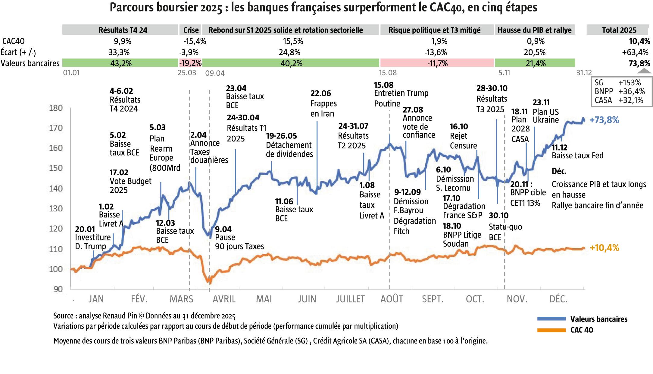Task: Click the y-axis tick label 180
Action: tap(56, 108)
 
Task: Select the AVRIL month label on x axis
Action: tap(224, 299)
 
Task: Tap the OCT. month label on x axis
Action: tap(475, 299)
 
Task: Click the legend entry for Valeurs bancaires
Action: tap(598, 319)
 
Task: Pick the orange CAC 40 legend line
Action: tap(551, 330)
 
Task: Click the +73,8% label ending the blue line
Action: tap(604, 120)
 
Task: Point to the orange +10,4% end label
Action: tap(604, 248)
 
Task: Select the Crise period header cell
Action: tap(191, 30)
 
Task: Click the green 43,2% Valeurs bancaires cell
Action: tap(120, 63)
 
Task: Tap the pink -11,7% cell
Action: tap(437, 63)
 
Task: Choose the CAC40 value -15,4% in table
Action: tap(194, 41)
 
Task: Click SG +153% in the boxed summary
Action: tap(617, 83)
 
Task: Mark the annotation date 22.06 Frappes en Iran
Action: tap(320, 93)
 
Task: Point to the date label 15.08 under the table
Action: tap(388, 73)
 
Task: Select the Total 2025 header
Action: tap(619, 30)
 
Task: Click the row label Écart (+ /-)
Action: tap(18, 52)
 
